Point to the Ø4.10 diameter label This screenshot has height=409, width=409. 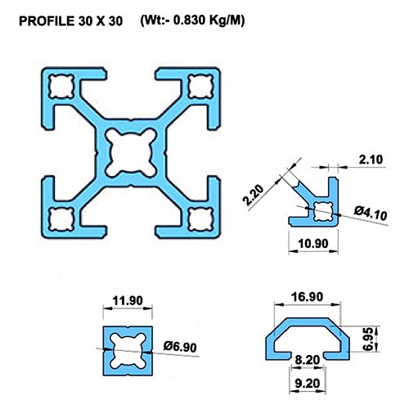(371, 215)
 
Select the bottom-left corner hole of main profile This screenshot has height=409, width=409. (62, 219)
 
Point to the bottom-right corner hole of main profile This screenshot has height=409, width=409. (199, 219)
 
